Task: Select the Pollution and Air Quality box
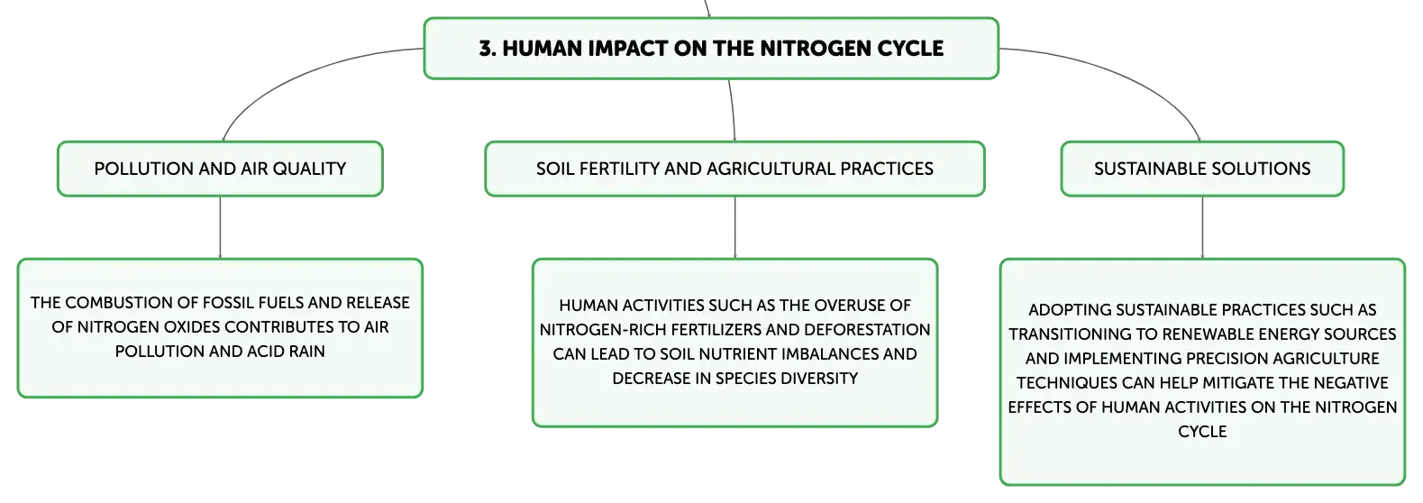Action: [221, 169]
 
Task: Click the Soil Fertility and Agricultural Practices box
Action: [735, 169]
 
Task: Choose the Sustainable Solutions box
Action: [1202, 169]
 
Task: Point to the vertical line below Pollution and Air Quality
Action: [221, 227]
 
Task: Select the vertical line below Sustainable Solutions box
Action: [1202, 227]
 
